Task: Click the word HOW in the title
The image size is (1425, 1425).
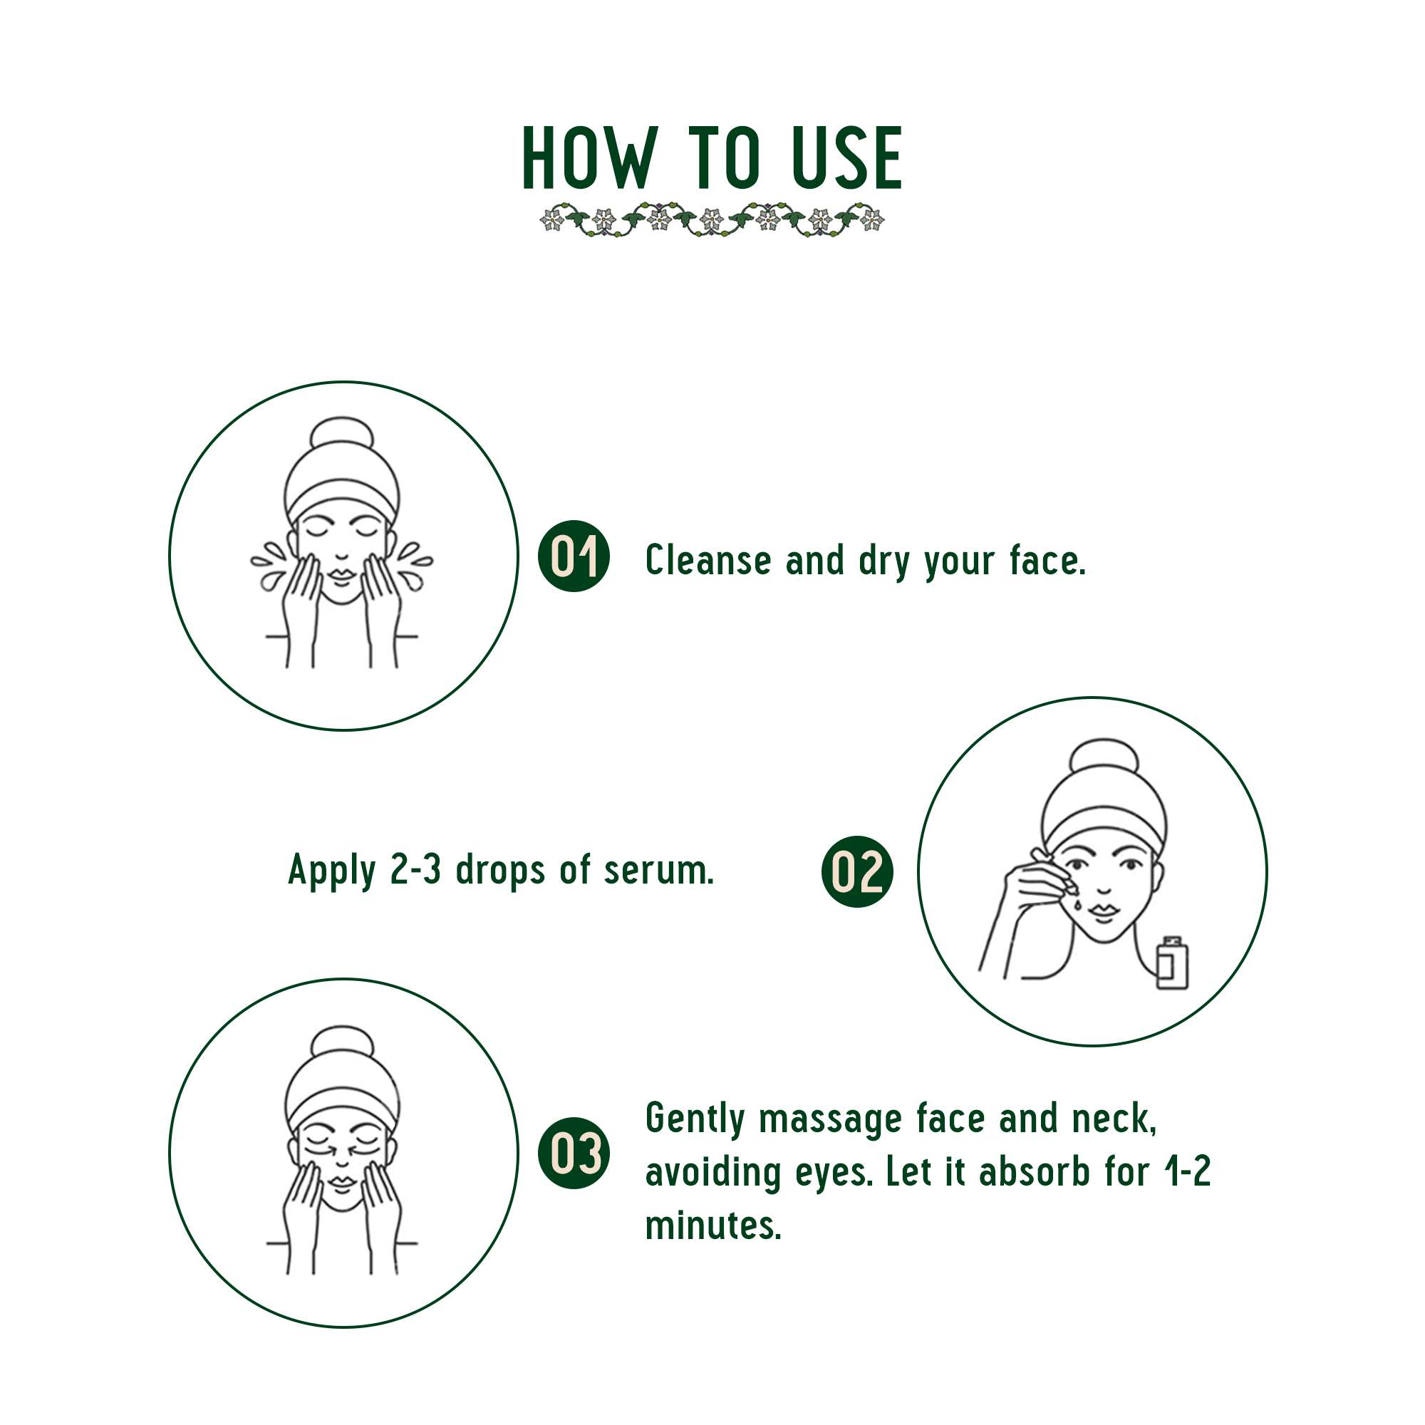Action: (588, 159)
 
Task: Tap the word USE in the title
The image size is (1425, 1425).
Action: (846, 159)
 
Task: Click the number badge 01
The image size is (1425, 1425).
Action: (574, 556)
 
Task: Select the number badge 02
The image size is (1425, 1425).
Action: (856, 871)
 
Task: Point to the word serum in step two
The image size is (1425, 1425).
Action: (658, 871)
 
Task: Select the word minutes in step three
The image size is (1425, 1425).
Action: (712, 1225)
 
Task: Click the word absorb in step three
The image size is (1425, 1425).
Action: (1034, 1172)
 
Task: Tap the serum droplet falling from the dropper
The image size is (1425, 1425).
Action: (1077, 904)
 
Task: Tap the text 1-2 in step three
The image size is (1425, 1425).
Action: (1186, 1172)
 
